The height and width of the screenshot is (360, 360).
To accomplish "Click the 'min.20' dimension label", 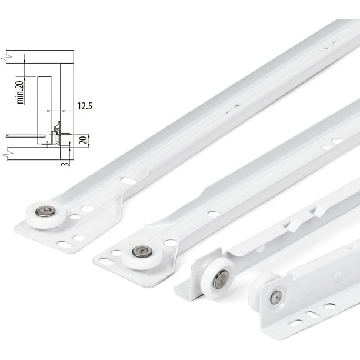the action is tap(20, 92).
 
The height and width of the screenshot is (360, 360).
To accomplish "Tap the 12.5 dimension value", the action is tap(85, 106).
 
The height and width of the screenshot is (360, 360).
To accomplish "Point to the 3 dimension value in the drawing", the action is tap(65, 164).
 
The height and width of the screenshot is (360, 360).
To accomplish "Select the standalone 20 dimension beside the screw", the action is tap(85, 140).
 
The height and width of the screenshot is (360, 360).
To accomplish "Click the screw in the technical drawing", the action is tap(66, 134).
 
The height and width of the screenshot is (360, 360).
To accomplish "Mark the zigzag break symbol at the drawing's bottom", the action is tap(6, 152).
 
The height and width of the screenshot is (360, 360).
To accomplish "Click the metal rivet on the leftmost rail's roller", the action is tap(45, 211).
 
